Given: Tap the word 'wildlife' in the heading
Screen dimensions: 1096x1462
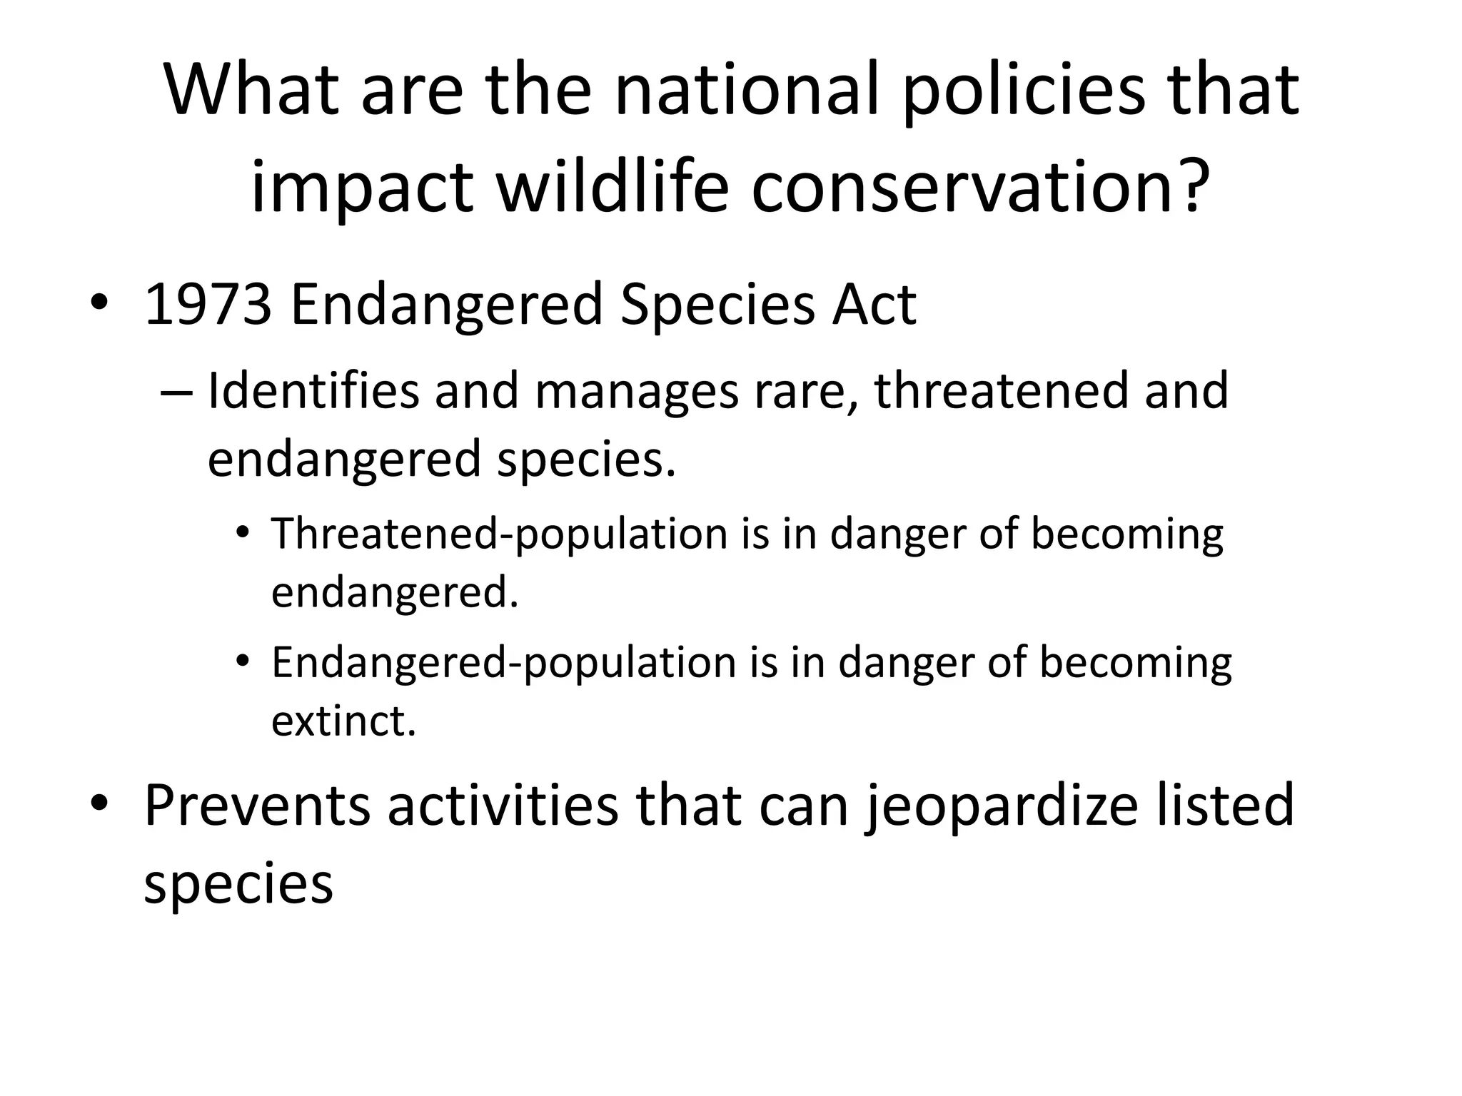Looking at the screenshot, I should pyautogui.click(x=612, y=188).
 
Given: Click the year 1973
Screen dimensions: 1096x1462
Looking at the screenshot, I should pyautogui.click(x=208, y=305).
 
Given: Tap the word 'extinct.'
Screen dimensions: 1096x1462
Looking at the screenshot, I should pyautogui.click(x=343, y=721).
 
